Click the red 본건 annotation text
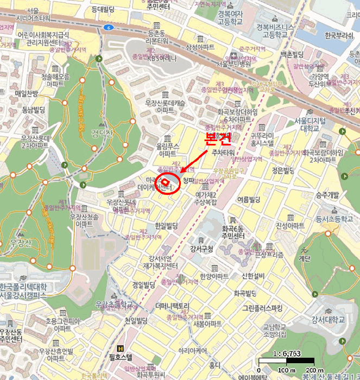[x=217, y=139]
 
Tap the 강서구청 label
[x=201, y=249]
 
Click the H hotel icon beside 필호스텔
[x=120, y=349]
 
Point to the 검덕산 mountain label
[x=103, y=133]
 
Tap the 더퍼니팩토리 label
[x=172, y=306]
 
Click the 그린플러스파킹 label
[x=263, y=308]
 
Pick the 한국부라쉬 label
[x=338, y=36]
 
